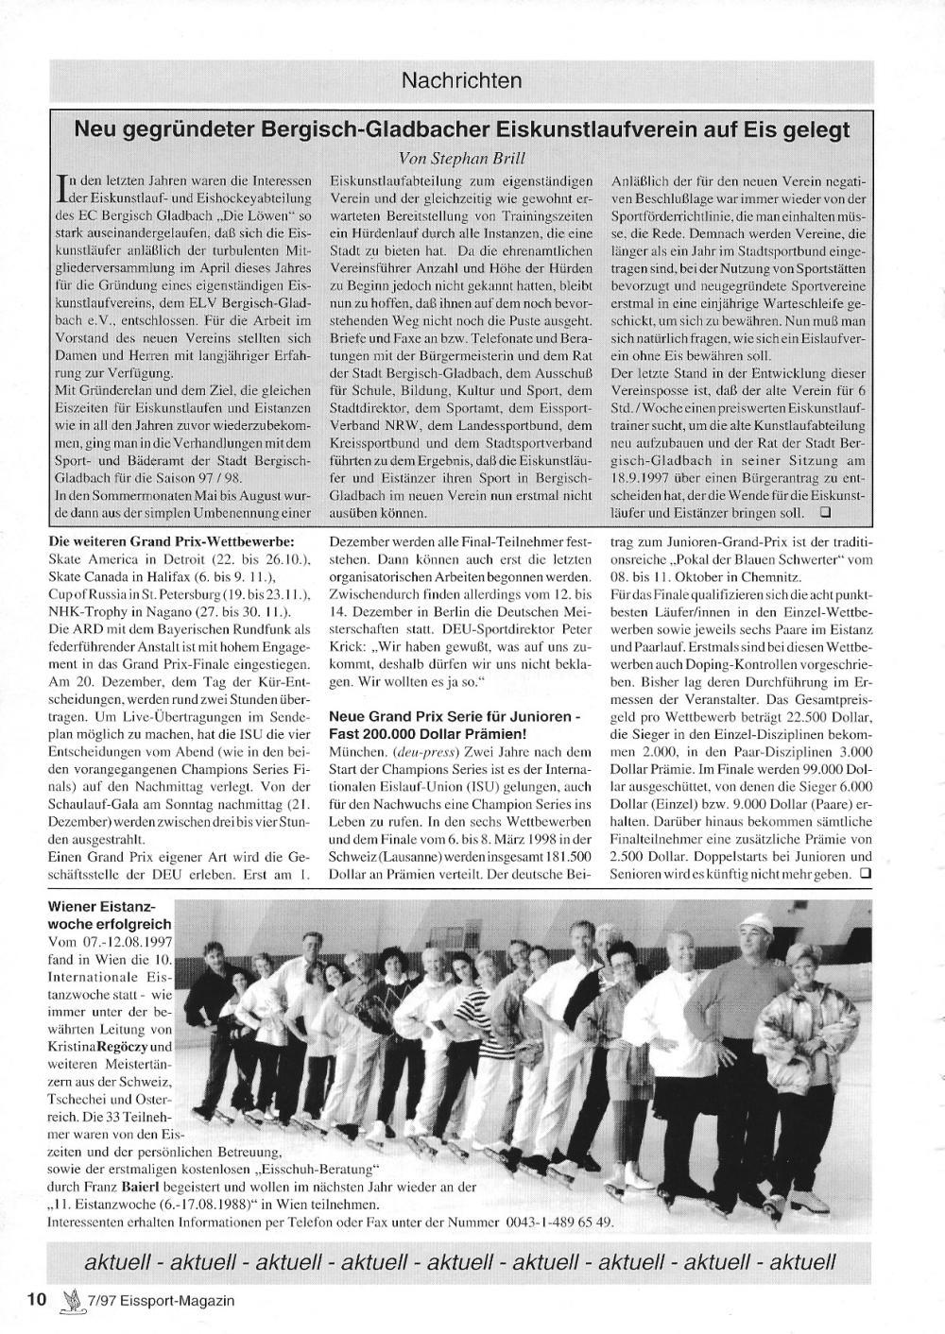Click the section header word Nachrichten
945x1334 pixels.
click(x=461, y=80)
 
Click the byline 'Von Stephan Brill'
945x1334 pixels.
click(x=461, y=158)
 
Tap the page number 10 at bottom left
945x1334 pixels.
click(x=37, y=1298)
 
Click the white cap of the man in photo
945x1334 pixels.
click(x=754, y=920)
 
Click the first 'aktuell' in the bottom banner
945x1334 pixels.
click(x=122, y=1261)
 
